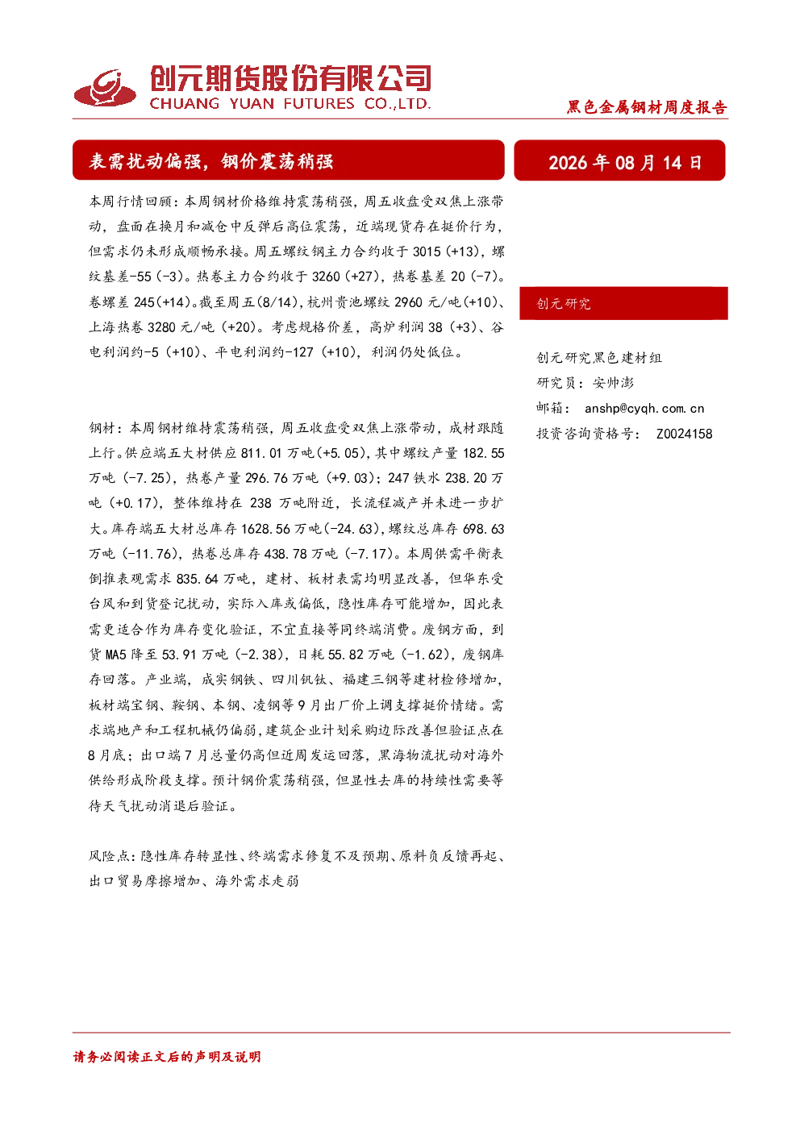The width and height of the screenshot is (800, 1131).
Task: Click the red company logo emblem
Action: (x=105, y=88)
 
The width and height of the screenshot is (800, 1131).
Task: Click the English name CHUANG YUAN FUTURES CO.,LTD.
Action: (x=290, y=104)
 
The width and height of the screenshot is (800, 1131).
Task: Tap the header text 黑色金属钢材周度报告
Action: (x=647, y=107)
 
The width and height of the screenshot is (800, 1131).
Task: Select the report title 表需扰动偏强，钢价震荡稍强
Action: (x=211, y=161)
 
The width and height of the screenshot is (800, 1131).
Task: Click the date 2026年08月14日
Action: (x=625, y=162)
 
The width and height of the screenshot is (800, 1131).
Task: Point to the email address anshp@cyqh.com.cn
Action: (x=644, y=409)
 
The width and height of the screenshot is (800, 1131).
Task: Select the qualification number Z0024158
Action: (x=685, y=434)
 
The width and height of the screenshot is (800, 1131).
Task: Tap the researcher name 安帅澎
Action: (x=613, y=383)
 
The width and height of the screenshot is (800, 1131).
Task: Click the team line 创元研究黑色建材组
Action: (x=599, y=358)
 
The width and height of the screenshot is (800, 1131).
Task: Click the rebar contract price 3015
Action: (x=427, y=252)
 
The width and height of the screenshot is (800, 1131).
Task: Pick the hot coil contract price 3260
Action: (x=326, y=277)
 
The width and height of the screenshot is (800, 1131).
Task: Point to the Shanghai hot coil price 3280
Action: (x=161, y=327)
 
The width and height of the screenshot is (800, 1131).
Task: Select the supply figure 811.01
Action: (x=261, y=453)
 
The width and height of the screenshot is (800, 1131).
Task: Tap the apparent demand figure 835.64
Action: (x=198, y=579)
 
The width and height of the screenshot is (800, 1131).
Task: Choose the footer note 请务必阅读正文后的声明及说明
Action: (x=167, y=1057)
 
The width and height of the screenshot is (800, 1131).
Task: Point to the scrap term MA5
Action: (x=115, y=655)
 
